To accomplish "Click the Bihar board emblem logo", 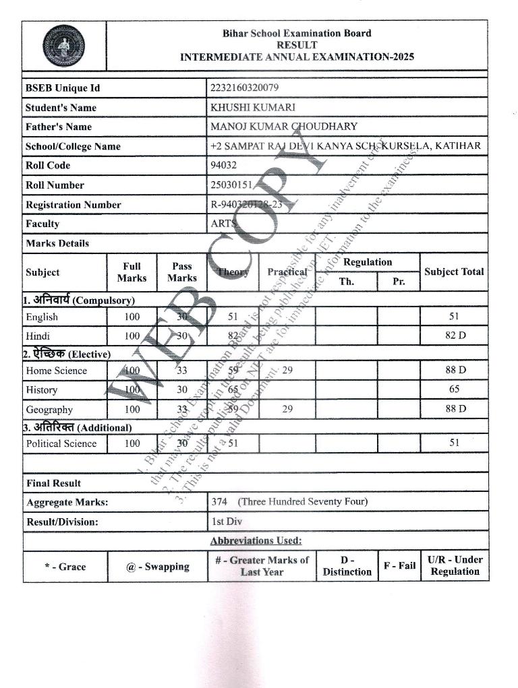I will pyautogui.click(x=64, y=45).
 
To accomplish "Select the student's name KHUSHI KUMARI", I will pyautogui.click(x=253, y=107).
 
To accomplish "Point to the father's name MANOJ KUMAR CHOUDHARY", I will pyautogui.click(x=284, y=126).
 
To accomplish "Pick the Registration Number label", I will pyautogui.click(x=74, y=204).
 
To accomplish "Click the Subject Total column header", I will pyautogui.click(x=454, y=272).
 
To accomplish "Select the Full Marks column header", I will pyautogui.click(x=132, y=272).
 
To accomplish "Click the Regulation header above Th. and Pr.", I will pyautogui.click(x=368, y=262).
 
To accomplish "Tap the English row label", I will pyautogui.click(x=42, y=317).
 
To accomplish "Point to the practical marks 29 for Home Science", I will pyautogui.click(x=287, y=370).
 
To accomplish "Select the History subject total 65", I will pyautogui.click(x=454, y=389).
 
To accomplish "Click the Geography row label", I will pyautogui.click(x=49, y=409).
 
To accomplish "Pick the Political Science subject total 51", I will pyautogui.click(x=454, y=443).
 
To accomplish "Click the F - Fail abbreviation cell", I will pyautogui.click(x=399, y=565).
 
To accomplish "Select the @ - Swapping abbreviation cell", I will pyautogui.click(x=157, y=566).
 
